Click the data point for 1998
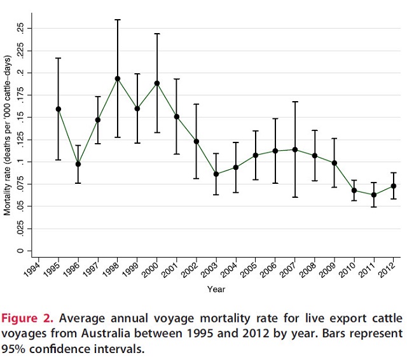[118, 79]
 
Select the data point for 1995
[59, 109]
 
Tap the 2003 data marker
[216, 174]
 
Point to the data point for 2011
[374, 195]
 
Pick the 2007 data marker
[295, 149]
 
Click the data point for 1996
[78, 164]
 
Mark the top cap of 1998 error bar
[118, 20]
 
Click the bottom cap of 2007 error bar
[295, 197]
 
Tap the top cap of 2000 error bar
[157, 34]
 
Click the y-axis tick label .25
[21, 28]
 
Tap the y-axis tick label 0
[21, 251]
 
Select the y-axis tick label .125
[21, 139]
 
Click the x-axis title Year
[215, 289]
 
